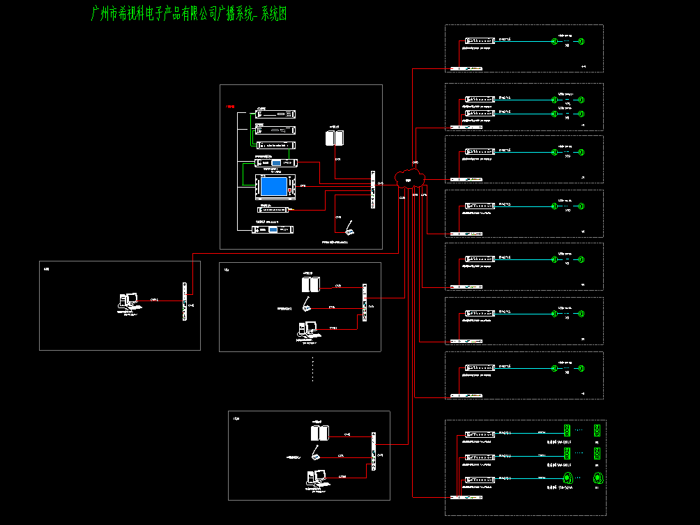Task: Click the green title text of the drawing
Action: (x=189, y=15)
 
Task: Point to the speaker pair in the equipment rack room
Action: (x=335, y=139)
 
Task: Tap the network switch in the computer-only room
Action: (x=184, y=302)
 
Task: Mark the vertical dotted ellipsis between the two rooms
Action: (x=313, y=370)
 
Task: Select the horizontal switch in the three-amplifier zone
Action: (x=466, y=497)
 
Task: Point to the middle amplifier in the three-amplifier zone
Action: (x=480, y=457)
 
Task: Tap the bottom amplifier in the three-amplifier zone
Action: (x=480, y=479)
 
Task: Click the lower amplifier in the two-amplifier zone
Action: (x=480, y=112)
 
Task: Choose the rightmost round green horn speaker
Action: (x=598, y=478)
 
